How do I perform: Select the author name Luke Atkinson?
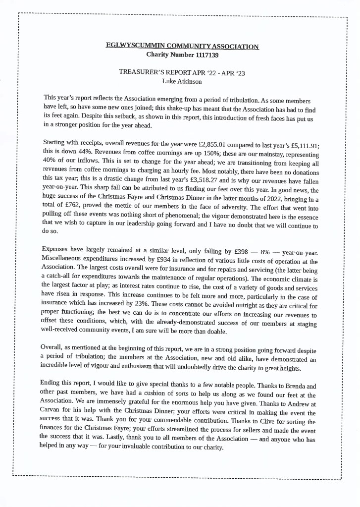182,81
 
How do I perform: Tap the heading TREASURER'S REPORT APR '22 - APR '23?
182,72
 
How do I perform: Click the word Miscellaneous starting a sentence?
64,261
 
